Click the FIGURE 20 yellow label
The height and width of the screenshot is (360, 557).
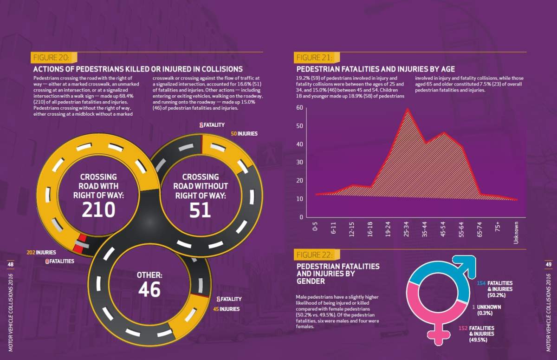[54, 58]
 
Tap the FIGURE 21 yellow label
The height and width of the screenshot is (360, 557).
[317, 58]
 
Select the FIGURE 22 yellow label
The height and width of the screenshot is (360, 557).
[317, 255]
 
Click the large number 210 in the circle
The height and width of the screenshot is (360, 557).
[98, 209]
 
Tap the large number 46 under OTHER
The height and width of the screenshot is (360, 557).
[149, 289]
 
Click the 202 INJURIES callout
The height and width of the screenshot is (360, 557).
[41, 253]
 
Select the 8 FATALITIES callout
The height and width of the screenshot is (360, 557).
[60, 261]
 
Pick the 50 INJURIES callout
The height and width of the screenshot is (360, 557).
[244, 134]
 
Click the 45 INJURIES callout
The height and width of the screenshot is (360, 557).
[227, 309]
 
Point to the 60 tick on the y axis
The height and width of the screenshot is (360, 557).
[300, 108]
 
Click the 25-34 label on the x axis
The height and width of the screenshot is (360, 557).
[406, 229]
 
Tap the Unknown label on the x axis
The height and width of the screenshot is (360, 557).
[516, 233]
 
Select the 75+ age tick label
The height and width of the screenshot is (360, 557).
[498, 227]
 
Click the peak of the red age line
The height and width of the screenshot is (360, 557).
[408, 109]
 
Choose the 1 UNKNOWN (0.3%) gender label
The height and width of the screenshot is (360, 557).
[486, 310]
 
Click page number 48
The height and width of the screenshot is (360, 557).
[10, 264]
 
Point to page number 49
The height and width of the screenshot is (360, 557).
[548, 264]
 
